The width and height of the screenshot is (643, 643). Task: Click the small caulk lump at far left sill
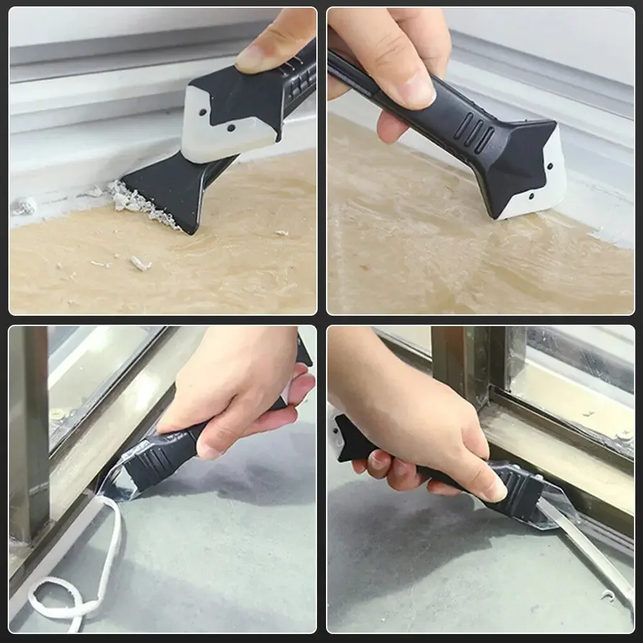[26, 206]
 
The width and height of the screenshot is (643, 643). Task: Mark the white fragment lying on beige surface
[140, 263]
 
